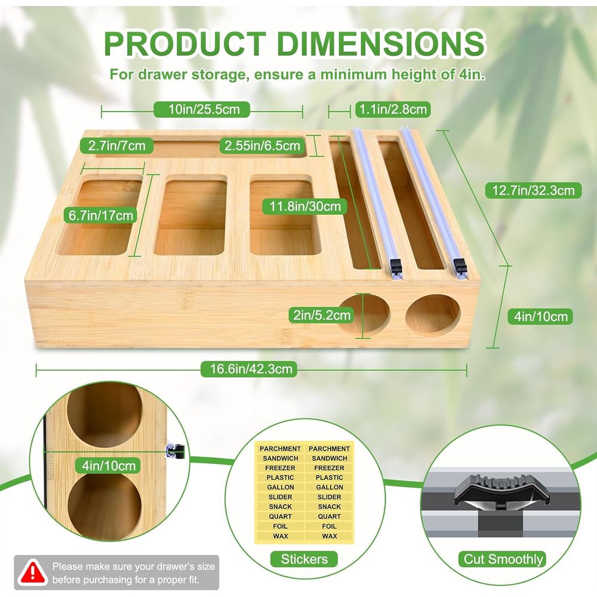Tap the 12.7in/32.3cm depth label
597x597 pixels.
[533, 190]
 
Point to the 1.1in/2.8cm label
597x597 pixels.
[393, 110]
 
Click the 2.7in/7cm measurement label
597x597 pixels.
[116, 146]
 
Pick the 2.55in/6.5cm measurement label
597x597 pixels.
[262, 146]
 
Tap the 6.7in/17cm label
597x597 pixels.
[101, 216]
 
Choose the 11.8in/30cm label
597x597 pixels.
[305, 207]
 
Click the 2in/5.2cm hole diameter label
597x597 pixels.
[322, 315]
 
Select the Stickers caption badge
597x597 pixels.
[304, 559]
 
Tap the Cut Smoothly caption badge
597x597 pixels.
[503, 559]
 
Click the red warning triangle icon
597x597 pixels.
[33, 573]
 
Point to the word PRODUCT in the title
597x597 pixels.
[185, 43]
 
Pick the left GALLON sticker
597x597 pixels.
[280, 487]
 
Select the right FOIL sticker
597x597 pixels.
[330, 526]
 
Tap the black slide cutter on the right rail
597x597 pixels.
[460, 266]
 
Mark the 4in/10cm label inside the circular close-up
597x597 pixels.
[109, 466]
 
